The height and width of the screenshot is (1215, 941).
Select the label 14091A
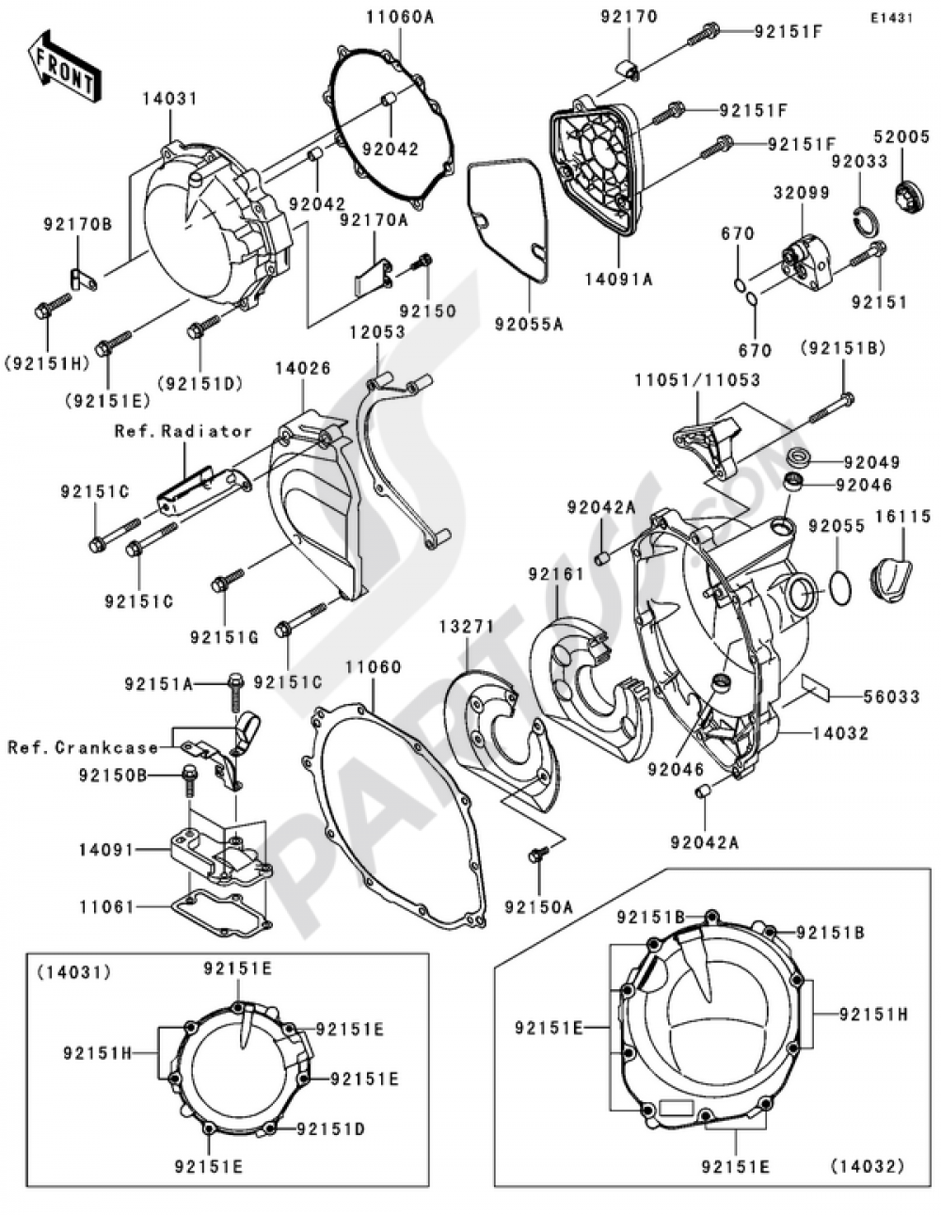(620, 279)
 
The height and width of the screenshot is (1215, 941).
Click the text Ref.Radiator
(183, 431)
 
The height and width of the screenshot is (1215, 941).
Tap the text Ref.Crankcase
(84, 747)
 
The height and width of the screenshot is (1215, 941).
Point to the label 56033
(891, 696)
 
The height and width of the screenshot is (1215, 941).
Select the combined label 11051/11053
(710, 380)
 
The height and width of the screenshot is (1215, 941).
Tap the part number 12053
(377, 332)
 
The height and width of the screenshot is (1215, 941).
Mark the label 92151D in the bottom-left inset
(330, 1128)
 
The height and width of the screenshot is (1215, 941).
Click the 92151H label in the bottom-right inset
(873, 1014)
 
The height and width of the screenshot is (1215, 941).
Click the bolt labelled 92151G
(221, 584)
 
